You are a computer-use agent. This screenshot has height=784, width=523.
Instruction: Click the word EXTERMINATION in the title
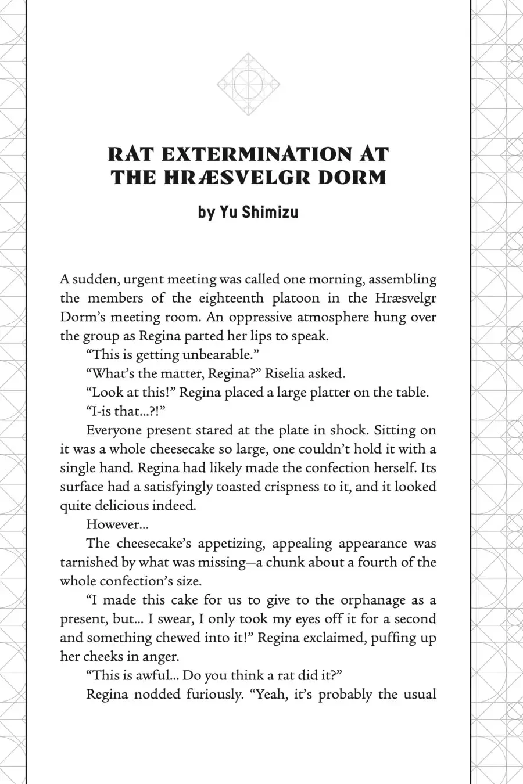(256, 154)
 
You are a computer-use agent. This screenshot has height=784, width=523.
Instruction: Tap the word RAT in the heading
(131, 154)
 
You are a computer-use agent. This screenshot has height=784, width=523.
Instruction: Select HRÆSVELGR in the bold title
(230, 177)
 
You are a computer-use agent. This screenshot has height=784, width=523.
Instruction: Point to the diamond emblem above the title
(248, 85)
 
